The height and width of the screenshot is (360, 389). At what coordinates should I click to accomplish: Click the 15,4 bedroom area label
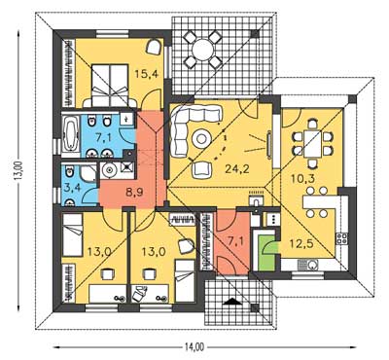pyautogui.click(x=147, y=74)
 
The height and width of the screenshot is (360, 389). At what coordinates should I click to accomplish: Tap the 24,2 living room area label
pyautogui.click(x=237, y=168)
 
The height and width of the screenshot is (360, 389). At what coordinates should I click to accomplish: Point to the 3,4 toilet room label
pyautogui.click(x=71, y=189)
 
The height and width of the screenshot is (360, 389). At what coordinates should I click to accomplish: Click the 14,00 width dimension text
pyautogui.click(x=194, y=347)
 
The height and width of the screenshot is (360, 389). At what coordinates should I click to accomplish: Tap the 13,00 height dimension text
pyautogui.click(x=20, y=170)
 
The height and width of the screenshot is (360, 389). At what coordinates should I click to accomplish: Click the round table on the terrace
pyautogui.click(x=203, y=50)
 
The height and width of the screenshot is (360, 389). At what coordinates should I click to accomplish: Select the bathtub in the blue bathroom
pyautogui.click(x=70, y=133)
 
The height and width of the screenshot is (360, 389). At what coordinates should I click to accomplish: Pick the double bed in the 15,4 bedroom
pyautogui.click(x=110, y=85)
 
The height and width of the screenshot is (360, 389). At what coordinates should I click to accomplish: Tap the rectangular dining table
pyautogui.click(x=312, y=143)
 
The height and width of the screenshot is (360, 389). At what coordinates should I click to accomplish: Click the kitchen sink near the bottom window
pyautogui.click(x=308, y=266)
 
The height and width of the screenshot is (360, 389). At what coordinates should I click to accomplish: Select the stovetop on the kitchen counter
pyautogui.click(x=342, y=239)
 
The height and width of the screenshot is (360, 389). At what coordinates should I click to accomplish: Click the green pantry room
pyautogui.click(x=265, y=251)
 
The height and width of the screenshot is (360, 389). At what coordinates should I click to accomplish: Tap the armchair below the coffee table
pyautogui.click(x=201, y=170)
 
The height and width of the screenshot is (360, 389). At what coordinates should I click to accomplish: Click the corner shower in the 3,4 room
pyautogui.click(x=88, y=172)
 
